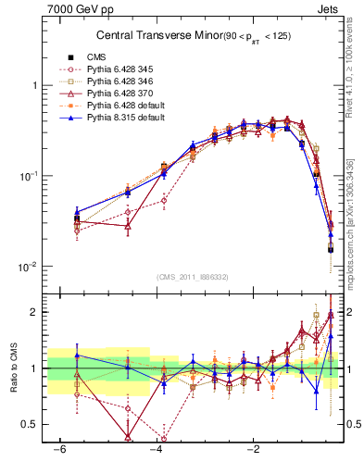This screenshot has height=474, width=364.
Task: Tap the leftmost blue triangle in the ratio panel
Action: click(x=77, y=355)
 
